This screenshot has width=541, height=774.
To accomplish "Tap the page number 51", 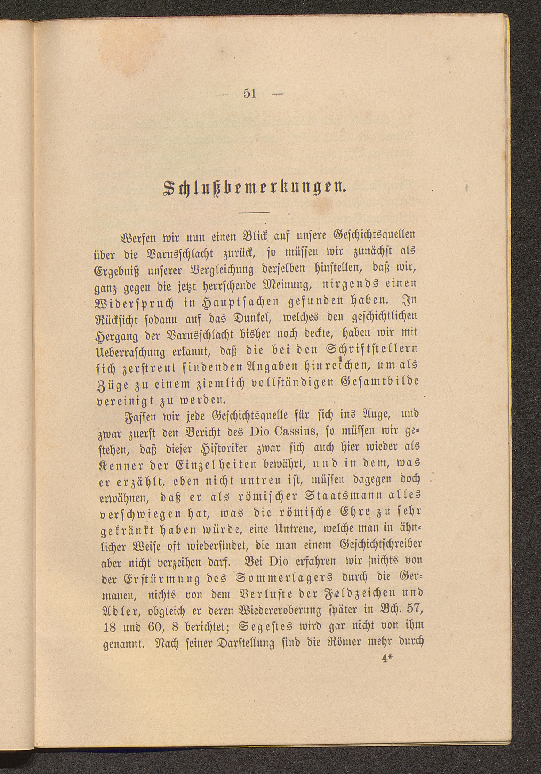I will [250, 93].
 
